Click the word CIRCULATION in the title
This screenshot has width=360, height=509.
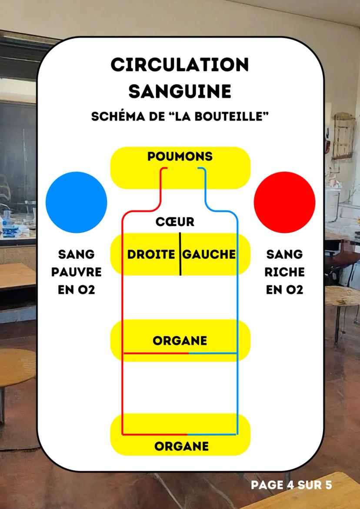point(180,65)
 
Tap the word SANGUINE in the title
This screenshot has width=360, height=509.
point(180,91)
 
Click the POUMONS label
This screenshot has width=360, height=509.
point(180,156)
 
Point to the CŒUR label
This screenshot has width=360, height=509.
point(175,222)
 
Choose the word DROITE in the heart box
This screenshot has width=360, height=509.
point(151,255)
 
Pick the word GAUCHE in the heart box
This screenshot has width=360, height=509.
point(209,255)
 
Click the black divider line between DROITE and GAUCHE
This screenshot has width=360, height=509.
point(180,254)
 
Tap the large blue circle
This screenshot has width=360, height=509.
point(76,202)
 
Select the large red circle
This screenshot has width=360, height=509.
point(284,202)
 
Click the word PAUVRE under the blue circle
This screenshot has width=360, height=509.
point(76,272)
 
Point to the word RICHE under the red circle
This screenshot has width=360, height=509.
point(284,272)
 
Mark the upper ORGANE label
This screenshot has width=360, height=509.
point(180,341)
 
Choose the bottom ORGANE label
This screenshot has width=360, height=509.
point(181,446)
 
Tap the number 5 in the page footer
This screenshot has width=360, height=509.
point(328,485)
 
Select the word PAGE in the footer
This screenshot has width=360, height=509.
point(267,485)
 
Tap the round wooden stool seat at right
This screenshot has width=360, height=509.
point(342,296)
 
